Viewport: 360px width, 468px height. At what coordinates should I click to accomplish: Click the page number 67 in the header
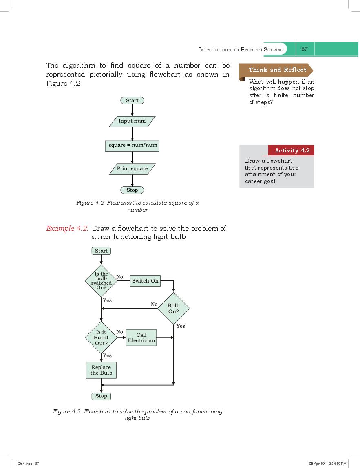pos(304,49)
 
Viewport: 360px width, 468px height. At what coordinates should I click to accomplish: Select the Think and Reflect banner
pos(277,70)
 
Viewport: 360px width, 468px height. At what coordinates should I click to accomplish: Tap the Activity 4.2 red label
pos(292,150)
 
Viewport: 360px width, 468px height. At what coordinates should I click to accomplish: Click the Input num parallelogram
pos(132,121)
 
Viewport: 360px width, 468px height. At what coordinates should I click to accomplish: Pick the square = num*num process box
pos(132,145)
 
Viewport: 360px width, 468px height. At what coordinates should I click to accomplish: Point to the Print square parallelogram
pos(132,169)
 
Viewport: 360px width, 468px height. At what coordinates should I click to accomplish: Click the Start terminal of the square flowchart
pos(132,100)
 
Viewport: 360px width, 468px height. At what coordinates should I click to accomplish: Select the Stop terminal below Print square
pos(132,190)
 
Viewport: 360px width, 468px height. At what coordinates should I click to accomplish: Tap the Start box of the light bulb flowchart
pos(101,251)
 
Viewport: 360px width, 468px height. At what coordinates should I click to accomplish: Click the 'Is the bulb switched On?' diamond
pos(101,280)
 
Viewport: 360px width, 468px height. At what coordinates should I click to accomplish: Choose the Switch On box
pos(145,281)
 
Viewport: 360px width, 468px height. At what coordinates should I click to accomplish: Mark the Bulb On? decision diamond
pos(174,309)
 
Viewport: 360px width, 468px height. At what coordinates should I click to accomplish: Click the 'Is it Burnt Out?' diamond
pos(101,338)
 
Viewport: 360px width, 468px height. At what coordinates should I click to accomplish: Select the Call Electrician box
pos(141,338)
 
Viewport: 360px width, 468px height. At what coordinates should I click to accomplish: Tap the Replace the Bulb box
pos(101,370)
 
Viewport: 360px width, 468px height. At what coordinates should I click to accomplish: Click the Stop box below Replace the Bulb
pos(101,396)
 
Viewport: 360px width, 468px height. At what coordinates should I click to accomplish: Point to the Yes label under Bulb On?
pos(181,326)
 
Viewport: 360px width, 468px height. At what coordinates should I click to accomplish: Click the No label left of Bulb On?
pos(154,304)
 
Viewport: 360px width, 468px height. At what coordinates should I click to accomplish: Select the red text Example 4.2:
pos(67,229)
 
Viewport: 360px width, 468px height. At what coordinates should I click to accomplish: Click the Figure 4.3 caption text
pos(138,415)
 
